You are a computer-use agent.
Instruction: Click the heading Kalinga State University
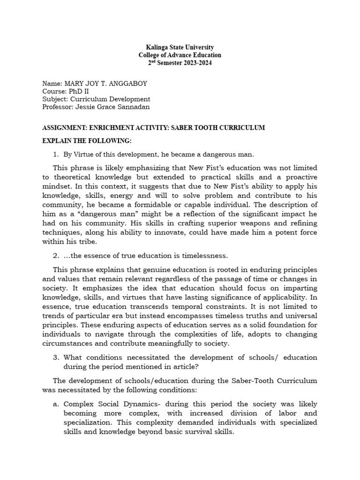click(x=180, y=47)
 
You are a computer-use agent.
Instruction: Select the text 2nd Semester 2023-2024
click(x=180, y=63)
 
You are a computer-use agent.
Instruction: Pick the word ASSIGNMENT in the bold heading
click(x=62, y=127)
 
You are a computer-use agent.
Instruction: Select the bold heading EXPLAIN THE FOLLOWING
click(x=87, y=141)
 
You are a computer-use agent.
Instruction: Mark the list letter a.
click(x=55, y=404)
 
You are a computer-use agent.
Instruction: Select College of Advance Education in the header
click(x=180, y=55)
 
